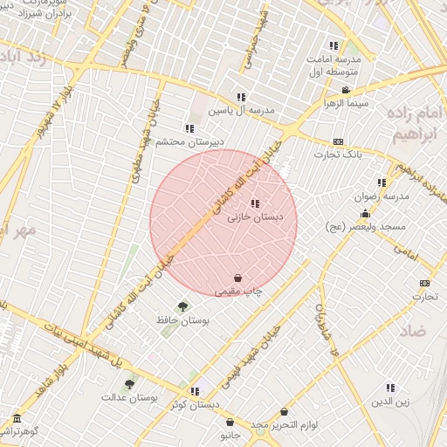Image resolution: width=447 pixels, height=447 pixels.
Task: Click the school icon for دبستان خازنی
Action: tap(255, 203)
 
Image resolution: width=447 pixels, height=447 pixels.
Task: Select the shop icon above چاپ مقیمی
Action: tap(238, 278)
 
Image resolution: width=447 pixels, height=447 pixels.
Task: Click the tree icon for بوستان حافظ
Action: tap(182, 306)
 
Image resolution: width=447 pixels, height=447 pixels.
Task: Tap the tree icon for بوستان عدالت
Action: tap(130, 383)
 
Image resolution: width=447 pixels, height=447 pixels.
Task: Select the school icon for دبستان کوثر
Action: tap(195, 391)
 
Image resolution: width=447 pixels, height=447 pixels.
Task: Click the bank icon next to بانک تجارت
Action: tap(339, 141)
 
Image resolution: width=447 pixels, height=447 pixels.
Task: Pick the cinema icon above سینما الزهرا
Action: tap(346, 90)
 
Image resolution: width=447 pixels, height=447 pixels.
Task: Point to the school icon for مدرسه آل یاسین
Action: tap(241, 97)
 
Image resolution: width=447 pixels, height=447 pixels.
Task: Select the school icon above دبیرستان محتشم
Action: tap(189, 128)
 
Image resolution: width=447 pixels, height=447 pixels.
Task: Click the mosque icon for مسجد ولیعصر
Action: tap(365, 213)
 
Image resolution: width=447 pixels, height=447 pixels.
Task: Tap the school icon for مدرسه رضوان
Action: tap(382, 182)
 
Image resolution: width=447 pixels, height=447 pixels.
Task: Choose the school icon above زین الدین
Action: tap(389, 388)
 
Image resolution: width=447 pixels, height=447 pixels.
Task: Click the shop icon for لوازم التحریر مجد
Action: tap(285, 411)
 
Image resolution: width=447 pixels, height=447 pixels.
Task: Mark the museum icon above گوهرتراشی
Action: tap(17, 418)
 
